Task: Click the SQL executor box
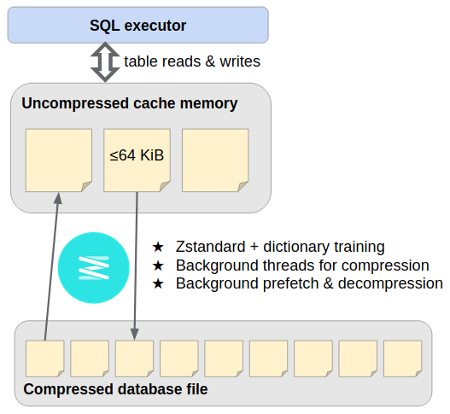pyautogui.click(x=138, y=26)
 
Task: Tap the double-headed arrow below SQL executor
pyautogui.click(x=105, y=62)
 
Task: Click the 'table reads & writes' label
pyautogui.click(x=192, y=61)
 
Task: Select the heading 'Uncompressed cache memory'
pyautogui.click(x=130, y=103)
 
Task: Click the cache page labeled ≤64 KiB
pyautogui.click(x=137, y=160)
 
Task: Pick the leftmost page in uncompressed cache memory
pyautogui.click(x=59, y=160)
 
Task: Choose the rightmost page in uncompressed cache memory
pyautogui.click(x=215, y=160)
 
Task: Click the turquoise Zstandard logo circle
pyautogui.click(x=94, y=268)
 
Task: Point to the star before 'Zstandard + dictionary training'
pyautogui.click(x=158, y=247)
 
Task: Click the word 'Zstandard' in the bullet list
pyautogui.click(x=210, y=247)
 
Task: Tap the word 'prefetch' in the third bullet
pyautogui.click(x=290, y=283)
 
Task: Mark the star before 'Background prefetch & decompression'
pyautogui.click(x=158, y=283)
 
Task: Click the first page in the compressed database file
pyautogui.click(x=44, y=359)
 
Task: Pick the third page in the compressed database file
pyautogui.click(x=134, y=359)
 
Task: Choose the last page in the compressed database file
pyautogui.click(x=403, y=359)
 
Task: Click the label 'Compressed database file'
pyautogui.click(x=115, y=389)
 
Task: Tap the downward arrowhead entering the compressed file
pyautogui.click(x=134, y=335)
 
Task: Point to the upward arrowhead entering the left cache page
pyautogui.click(x=58, y=198)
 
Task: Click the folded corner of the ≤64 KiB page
pyautogui.click(x=165, y=186)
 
